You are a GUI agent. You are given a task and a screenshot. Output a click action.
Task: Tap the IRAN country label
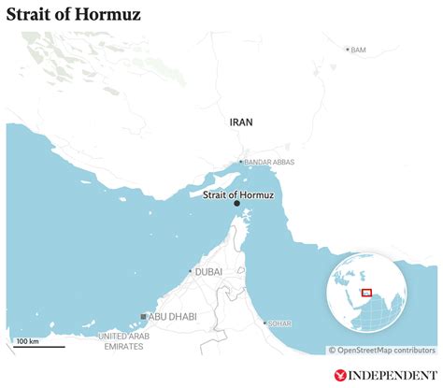241,122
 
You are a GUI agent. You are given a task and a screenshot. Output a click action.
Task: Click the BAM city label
358,50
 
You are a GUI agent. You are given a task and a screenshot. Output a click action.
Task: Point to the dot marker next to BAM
348,50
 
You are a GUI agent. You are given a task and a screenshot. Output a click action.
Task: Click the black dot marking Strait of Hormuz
236,204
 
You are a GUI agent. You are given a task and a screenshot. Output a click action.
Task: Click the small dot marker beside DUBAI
191,271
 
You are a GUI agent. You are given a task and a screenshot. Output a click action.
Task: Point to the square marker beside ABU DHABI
143,317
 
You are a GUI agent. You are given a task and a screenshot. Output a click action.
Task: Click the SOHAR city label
279,323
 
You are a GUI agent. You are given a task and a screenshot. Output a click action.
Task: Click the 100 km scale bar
39,347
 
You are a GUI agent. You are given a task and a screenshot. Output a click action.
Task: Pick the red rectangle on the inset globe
366,293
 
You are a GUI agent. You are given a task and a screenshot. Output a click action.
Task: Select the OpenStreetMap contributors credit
381,351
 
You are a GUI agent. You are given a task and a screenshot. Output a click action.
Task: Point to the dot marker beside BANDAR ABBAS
240,162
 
